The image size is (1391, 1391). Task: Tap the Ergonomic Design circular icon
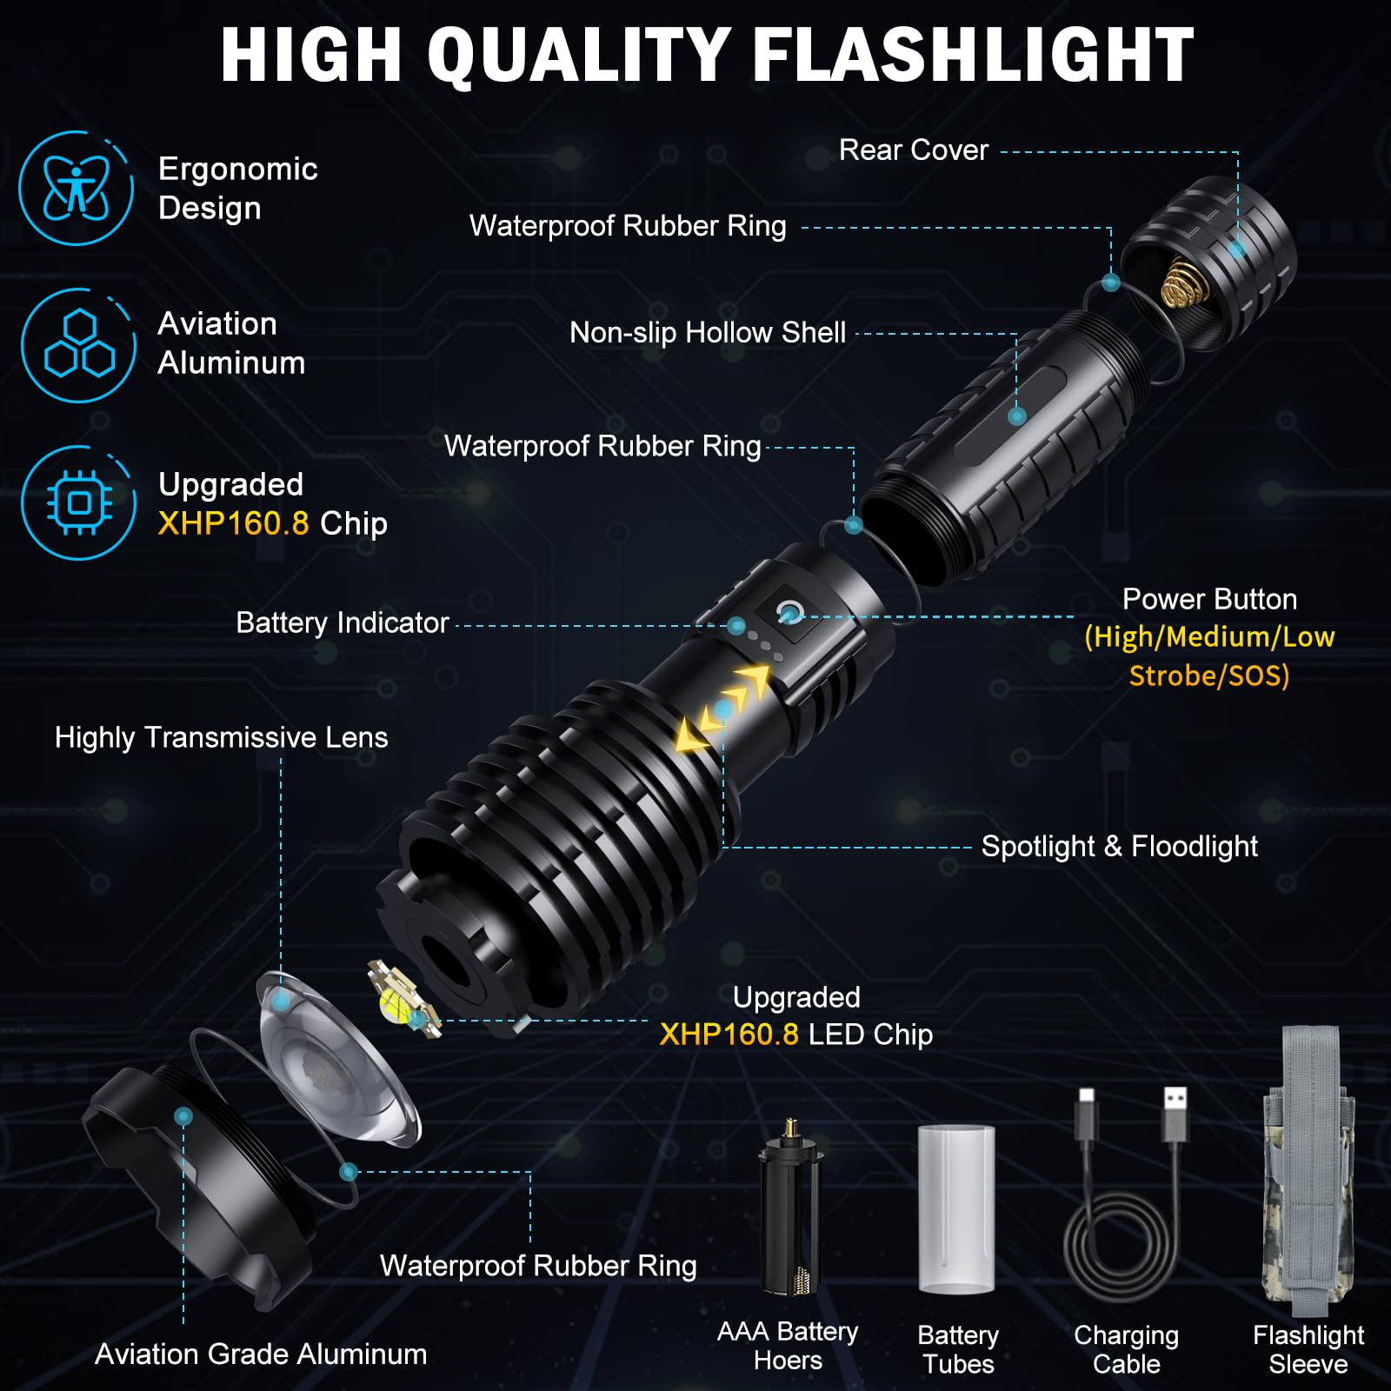77,188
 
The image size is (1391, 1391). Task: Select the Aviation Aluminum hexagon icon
78,345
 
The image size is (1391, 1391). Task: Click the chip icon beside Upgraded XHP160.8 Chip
78,502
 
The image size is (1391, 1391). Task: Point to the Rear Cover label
913,150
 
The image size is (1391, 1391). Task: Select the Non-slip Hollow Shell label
707,332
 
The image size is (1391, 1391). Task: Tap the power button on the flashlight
789,611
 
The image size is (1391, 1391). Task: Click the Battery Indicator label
342,622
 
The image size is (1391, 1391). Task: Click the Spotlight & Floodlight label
1119,846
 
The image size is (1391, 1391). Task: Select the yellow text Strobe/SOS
1208,676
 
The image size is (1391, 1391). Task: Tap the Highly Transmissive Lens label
221,737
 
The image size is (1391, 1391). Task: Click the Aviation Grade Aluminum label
261,1354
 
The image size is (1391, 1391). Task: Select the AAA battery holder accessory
789,1208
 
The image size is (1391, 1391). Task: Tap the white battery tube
956,1208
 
